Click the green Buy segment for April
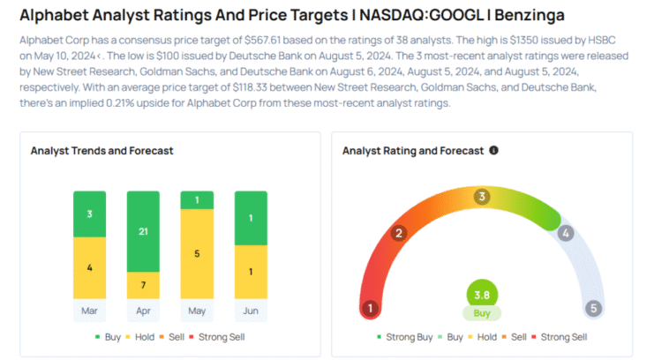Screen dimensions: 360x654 (143, 230)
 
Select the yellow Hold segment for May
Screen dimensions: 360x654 (197, 253)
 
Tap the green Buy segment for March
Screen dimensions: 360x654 (89, 214)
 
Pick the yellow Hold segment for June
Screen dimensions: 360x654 (250, 271)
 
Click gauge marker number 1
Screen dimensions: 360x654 (371, 309)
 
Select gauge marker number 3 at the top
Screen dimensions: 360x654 (482, 197)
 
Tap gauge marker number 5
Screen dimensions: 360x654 (594, 309)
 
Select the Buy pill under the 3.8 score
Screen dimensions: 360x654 (482, 313)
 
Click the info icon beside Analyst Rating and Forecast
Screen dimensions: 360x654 (493, 150)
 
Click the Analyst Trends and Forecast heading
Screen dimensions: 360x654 (101, 151)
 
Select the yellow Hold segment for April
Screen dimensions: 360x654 (143, 285)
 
